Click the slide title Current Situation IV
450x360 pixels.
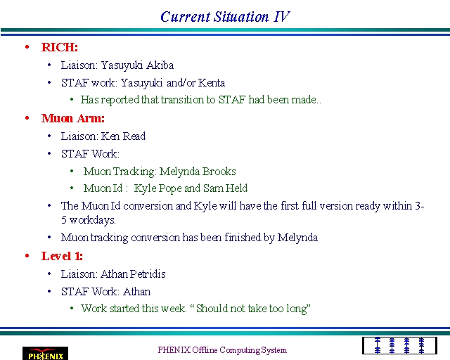[x=225, y=17]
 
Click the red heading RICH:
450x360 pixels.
[x=59, y=47]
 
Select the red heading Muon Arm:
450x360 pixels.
[x=73, y=118]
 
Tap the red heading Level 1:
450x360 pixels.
[x=62, y=256]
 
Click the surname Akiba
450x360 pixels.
[x=160, y=65]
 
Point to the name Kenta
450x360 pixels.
[x=212, y=83]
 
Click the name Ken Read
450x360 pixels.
[x=124, y=136]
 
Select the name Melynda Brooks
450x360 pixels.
[x=198, y=172]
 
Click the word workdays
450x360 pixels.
[x=92, y=220]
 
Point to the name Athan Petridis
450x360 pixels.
[x=133, y=274]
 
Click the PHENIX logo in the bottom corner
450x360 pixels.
[x=45, y=354]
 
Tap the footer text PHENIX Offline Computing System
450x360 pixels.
[x=222, y=350]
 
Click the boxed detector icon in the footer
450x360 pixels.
[x=399, y=346]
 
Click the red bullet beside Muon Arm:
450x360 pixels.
[x=27, y=118]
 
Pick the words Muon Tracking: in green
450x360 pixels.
[x=120, y=172]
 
